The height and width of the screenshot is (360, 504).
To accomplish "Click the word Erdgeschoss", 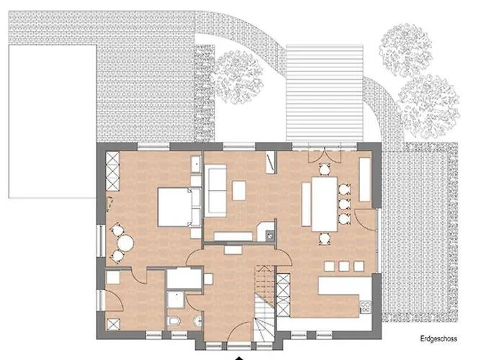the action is point(438,338).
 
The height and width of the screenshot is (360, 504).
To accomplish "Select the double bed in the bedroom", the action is point(174,207).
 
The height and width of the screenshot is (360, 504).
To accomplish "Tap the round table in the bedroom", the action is point(125,243).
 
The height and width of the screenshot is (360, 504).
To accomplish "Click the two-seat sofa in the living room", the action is point(216,189).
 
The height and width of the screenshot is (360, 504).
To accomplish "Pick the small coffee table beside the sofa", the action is point(239,191).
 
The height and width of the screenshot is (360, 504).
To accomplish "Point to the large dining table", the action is point(324,204).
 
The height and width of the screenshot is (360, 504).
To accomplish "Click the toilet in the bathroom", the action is point(174,320).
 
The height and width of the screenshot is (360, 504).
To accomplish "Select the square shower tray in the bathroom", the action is point(176,300).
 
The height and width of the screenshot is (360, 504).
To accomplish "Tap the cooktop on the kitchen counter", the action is point(366,307).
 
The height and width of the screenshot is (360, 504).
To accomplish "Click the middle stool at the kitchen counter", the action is point(344,266).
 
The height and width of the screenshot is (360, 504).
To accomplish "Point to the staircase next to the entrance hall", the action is point(265,304).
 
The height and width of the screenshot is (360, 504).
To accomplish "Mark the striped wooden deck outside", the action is point(325,93).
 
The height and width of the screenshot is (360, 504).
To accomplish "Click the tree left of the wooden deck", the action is point(237,76).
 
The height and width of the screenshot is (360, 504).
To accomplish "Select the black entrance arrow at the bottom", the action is point(238,358).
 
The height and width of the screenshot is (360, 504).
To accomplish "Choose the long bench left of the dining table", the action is point(306,204).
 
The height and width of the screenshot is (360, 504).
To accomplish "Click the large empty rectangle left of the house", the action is point(53,121).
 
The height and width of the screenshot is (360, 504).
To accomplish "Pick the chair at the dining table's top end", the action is point(325,169).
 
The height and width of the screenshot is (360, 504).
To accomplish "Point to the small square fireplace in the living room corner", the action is point(269,236).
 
